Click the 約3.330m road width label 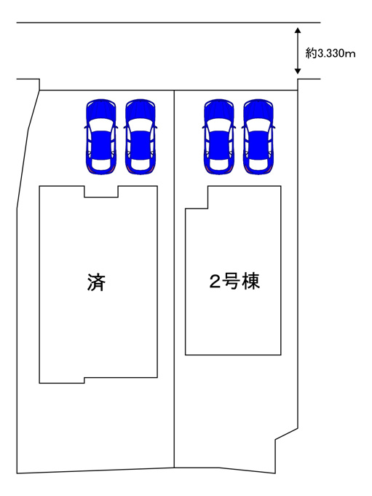tap(331, 53)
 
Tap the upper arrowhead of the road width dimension tap(297, 30)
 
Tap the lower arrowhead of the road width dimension tap(297, 71)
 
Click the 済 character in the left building tap(96, 282)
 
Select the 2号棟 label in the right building tap(234, 281)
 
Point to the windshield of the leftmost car tap(101, 124)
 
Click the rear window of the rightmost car tap(258, 164)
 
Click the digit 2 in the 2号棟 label tap(215, 282)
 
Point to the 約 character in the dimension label tap(311, 53)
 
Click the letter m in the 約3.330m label tap(351, 55)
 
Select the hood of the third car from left tap(219, 109)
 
